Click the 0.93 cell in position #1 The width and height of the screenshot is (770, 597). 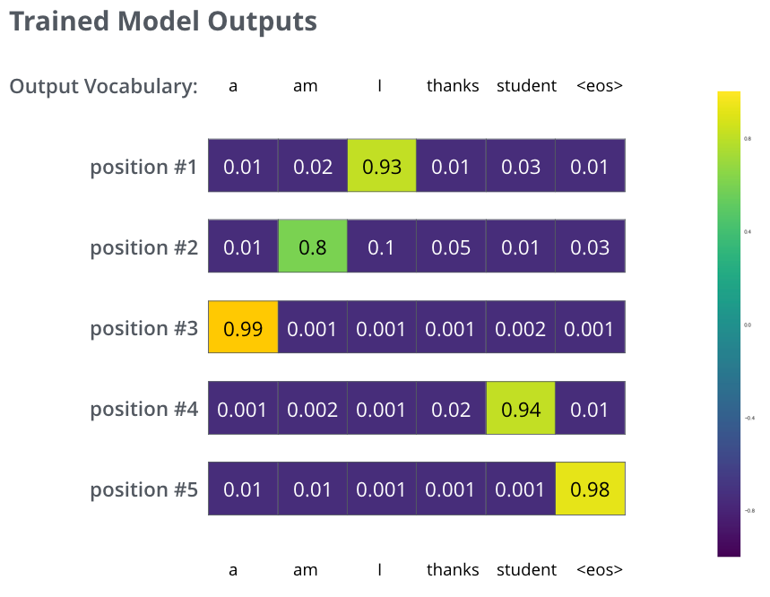382,166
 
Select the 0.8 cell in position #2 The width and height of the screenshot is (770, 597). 312,247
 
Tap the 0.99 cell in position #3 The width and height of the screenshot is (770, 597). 243,327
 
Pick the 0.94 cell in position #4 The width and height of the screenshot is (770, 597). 521,408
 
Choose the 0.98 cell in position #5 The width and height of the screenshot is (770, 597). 590,489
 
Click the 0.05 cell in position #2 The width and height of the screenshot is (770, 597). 451,247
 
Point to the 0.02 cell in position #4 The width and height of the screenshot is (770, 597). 451,408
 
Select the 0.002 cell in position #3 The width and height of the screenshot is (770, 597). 521,327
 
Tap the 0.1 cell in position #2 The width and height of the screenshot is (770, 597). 382,247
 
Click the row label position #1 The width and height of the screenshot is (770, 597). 143,167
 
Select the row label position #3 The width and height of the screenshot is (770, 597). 143,328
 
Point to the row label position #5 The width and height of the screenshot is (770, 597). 143,489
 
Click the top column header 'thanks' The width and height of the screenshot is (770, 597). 453,86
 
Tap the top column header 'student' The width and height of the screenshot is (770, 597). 527,86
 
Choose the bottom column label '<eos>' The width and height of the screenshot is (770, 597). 600,569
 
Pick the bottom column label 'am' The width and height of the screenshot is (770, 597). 306,569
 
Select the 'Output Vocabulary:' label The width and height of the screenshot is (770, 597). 103,86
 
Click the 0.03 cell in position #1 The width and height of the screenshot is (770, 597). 521,166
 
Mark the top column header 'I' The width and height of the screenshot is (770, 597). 381,86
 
